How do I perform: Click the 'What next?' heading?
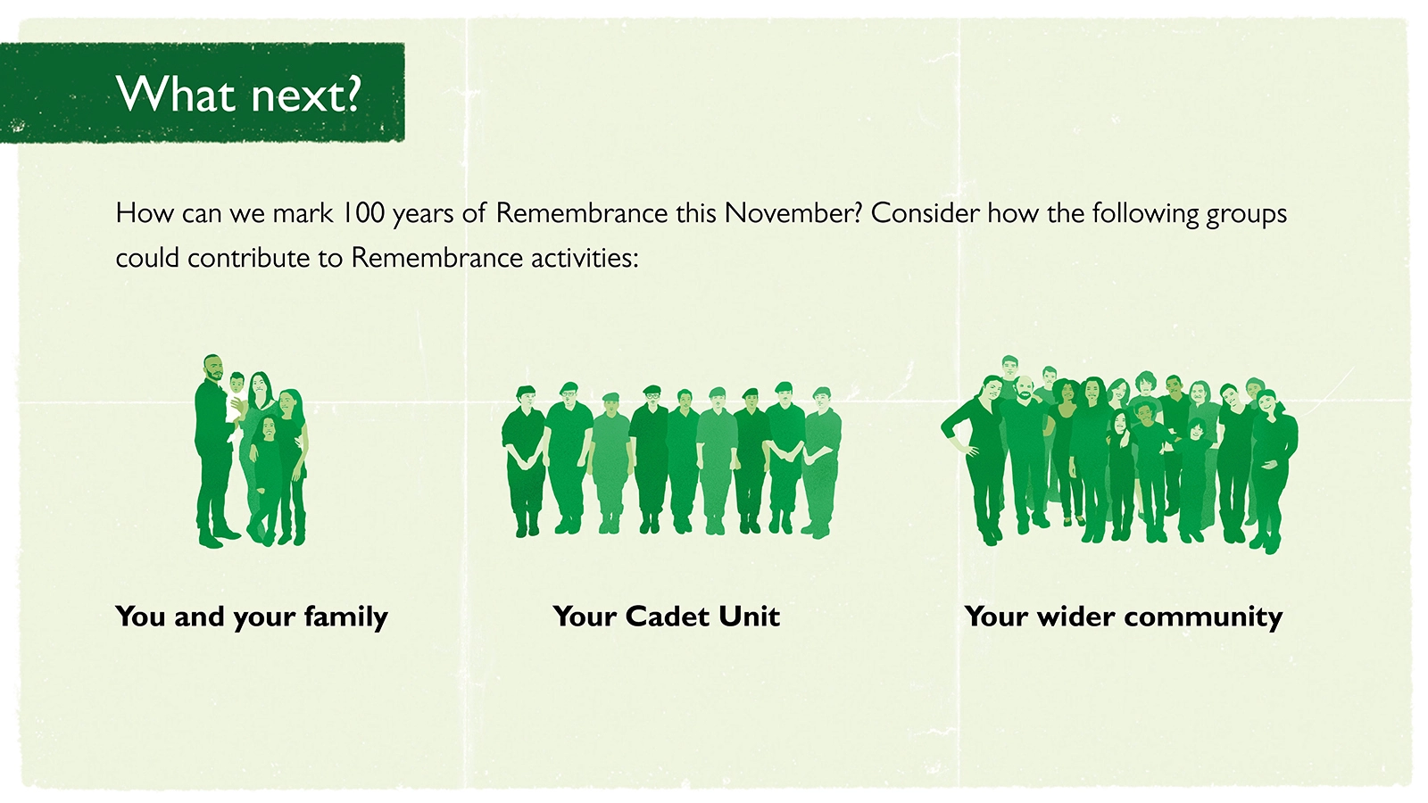coord(239,95)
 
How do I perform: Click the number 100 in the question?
coord(363,213)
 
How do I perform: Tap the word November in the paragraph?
coord(793,213)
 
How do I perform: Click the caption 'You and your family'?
coord(252,617)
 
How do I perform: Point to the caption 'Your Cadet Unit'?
coord(666,617)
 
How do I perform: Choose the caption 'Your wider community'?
coord(1124,617)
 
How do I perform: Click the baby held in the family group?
coord(236,398)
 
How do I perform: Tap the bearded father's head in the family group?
coord(213,368)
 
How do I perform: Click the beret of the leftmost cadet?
coord(526,391)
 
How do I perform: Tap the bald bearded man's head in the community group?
coord(1023,387)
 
